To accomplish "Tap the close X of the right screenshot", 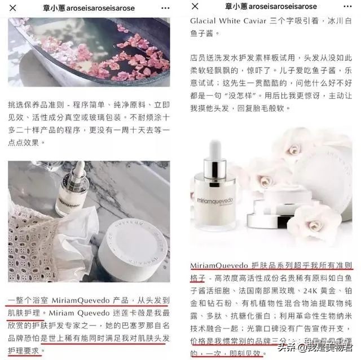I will [x=195, y=7].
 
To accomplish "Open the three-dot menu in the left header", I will [x=165, y=7].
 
